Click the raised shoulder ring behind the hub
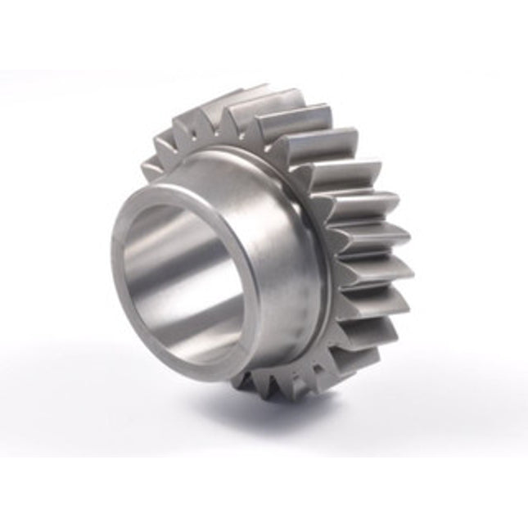click(323, 246)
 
